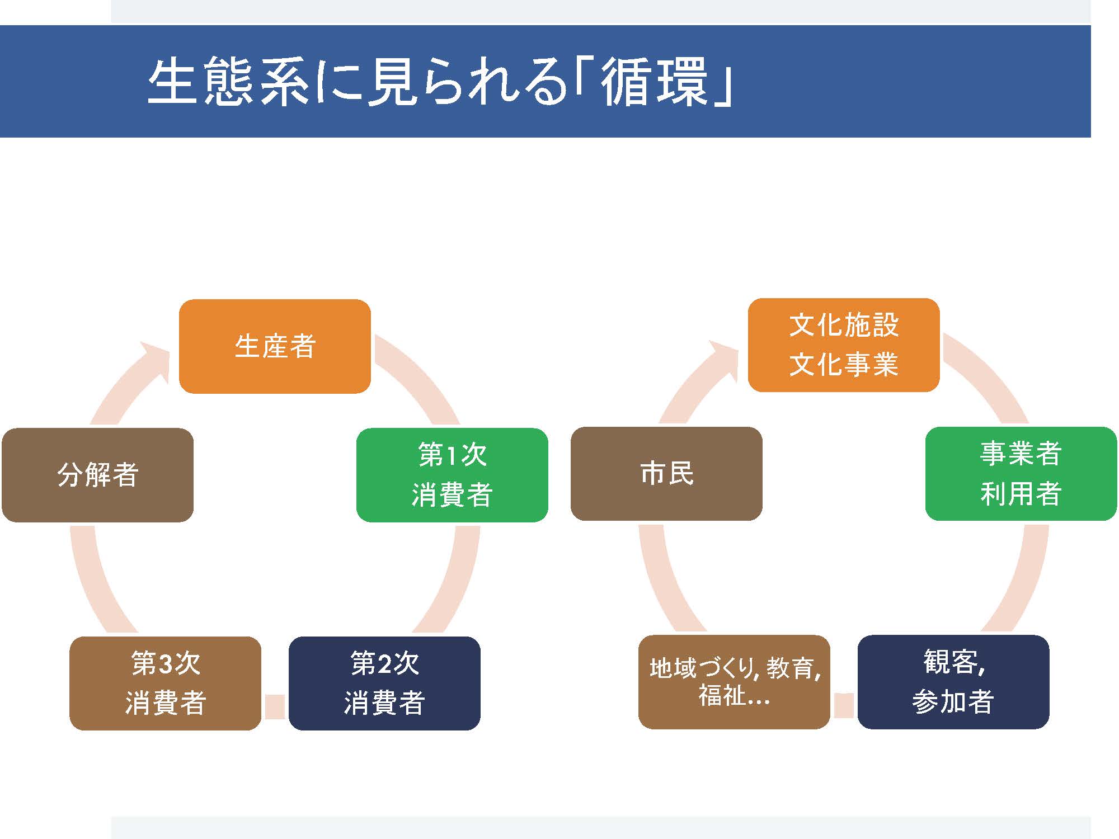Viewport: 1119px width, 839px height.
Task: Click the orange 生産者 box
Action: click(275, 346)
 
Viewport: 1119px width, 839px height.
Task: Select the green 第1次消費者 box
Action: click(452, 475)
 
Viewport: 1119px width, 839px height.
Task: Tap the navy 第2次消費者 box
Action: click(384, 683)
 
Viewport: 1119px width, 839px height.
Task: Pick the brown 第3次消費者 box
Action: click(165, 683)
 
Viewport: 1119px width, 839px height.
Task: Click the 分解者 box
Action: click(97, 475)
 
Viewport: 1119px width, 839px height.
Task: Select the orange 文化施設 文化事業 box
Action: click(844, 345)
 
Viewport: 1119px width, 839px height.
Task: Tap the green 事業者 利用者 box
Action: click(1021, 474)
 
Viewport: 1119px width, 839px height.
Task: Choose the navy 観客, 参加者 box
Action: click(953, 682)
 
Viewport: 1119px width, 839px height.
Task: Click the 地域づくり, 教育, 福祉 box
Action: click(734, 682)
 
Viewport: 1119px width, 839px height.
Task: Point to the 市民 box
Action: click(666, 474)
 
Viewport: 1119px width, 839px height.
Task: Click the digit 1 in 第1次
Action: click(451, 455)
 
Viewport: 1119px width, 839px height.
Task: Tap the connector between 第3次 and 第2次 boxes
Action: click(275, 706)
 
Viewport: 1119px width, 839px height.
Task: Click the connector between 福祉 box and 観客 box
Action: click(844, 705)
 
